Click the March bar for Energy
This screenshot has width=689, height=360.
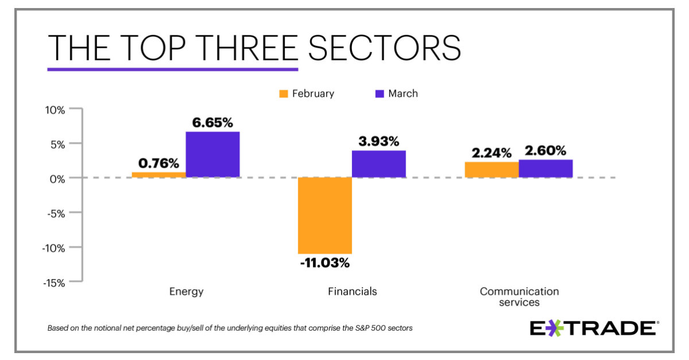click(212, 154)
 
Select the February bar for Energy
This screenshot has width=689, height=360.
click(158, 175)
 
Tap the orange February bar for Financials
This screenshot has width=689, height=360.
click(324, 215)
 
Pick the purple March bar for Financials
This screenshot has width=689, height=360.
click(378, 164)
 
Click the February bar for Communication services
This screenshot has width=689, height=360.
click(491, 170)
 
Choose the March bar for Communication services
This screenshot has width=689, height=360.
click(545, 169)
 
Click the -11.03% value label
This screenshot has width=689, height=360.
click(324, 264)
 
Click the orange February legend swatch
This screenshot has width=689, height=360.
click(284, 94)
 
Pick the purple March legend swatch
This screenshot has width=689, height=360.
click(379, 94)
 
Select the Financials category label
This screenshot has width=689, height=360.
click(353, 292)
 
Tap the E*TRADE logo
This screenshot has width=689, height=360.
click(593, 328)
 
